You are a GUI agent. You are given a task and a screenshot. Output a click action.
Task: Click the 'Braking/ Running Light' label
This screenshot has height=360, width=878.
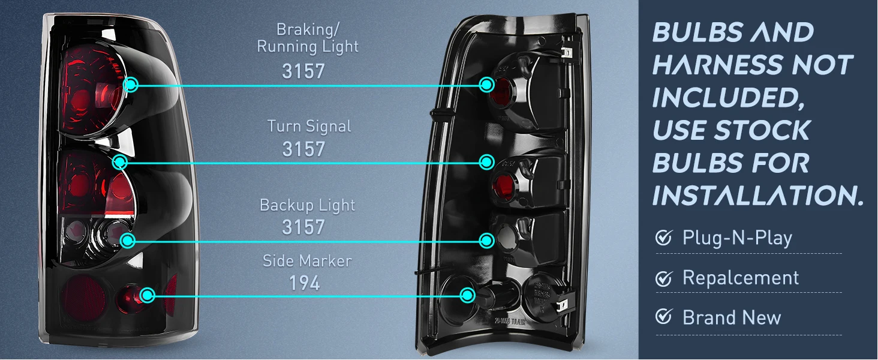click(x=308, y=38)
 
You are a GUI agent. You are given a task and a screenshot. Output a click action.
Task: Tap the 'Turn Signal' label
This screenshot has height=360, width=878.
click(x=309, y=126)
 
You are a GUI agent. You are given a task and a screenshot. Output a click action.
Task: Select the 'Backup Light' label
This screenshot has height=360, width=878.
click(x=308, y=205)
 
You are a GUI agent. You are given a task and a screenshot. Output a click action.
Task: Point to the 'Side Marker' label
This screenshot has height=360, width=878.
click(x=307, y=261)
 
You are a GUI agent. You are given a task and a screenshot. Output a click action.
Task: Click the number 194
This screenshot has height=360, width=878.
click(x=305, y=283)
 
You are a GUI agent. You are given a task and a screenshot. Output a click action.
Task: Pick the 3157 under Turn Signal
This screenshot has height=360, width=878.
click(x=304, y=149)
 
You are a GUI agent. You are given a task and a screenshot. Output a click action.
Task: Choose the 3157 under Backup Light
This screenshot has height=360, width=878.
click(x=304, y=227)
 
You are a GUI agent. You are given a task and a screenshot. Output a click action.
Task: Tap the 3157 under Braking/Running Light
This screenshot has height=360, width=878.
click(x=304, y=71)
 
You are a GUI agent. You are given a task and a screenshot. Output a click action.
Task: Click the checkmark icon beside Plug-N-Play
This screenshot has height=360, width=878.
click(x=664, y=237)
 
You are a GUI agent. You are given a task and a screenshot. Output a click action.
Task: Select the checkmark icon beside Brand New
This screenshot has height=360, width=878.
click(x=664, y=316)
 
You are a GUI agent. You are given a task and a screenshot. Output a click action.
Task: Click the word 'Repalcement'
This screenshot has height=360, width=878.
click(x=741, y=278)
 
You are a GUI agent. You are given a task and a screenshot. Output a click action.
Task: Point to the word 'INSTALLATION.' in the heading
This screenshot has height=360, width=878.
click(x=758, y=195)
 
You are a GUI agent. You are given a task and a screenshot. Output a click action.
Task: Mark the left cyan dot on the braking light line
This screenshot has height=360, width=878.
click(x=131, y=85)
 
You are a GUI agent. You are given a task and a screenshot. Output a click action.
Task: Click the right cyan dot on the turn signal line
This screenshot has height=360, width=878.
click(x=487, y=161)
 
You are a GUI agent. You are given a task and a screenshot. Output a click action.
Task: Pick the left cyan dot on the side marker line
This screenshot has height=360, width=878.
click(x=148, y=295)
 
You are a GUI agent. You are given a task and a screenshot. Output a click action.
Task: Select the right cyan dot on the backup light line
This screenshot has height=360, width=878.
click(x=487, y=241)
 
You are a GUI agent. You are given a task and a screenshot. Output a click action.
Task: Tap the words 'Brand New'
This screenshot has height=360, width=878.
click(x=732, y=317)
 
